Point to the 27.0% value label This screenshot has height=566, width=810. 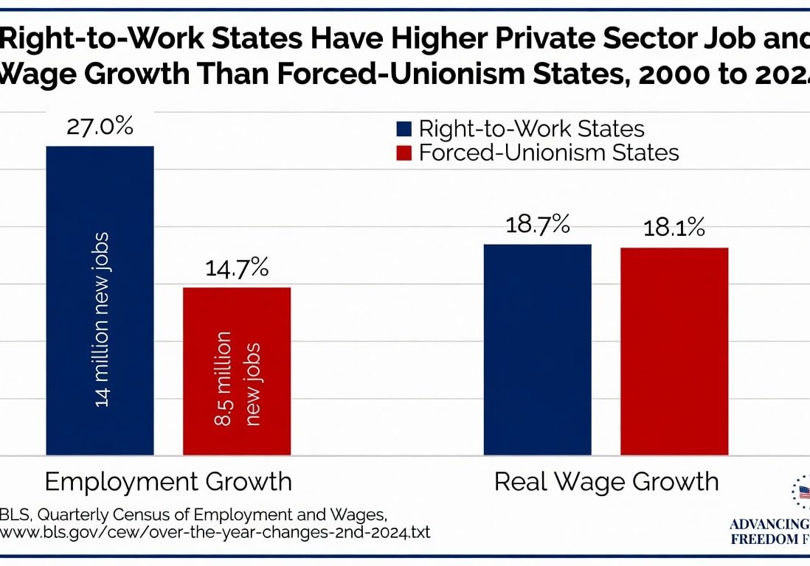tap(100, 126)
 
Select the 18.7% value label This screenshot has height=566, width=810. tap(537, 224)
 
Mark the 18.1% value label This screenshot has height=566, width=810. tap(674, 228)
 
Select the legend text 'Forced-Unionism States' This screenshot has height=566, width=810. tap(548, 153)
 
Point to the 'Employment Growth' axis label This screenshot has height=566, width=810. tap(168, 482)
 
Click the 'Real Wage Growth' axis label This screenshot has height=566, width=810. tap(606, 482)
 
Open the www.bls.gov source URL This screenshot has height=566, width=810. tap(215, 531)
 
